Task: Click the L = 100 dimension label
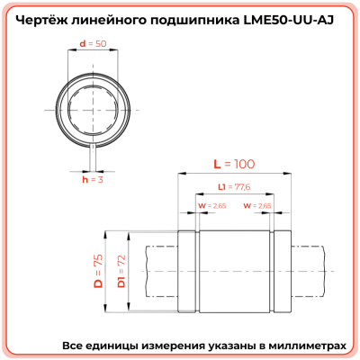coord(233,165)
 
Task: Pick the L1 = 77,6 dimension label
coord(234,187)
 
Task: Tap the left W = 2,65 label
coord(211,205)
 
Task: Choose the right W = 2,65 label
coord(257,205)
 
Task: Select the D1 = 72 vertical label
coord(121,271)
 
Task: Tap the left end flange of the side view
coord(189,271)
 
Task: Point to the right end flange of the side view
coord(280,271)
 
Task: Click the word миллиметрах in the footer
coord(302,346)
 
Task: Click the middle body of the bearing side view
coord(234,271)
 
